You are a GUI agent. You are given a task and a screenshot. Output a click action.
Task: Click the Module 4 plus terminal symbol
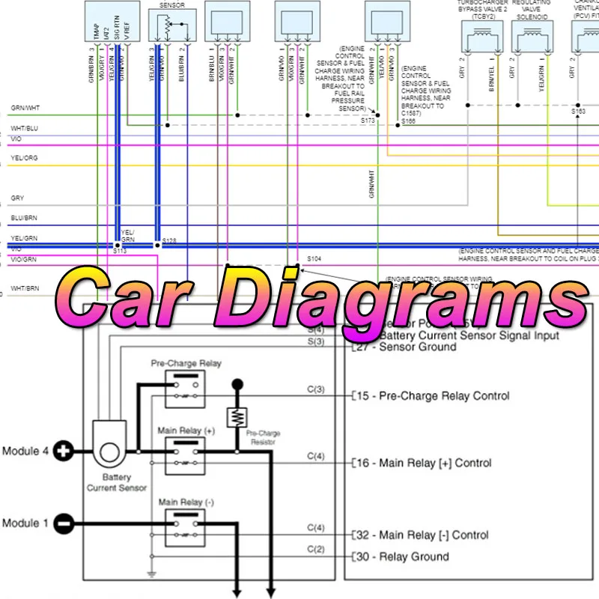tap(65, 451)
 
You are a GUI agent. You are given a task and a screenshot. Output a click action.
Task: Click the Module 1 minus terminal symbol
tap(65, 523)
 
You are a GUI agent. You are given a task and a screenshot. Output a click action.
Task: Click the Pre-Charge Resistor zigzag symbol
tap(237, 417)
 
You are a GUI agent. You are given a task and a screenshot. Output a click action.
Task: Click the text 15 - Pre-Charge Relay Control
tap(432, 395)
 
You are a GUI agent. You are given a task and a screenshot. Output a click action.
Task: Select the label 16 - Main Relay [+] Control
tap(423, 463)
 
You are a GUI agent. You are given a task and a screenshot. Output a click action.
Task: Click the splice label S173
tap(367, 120)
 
